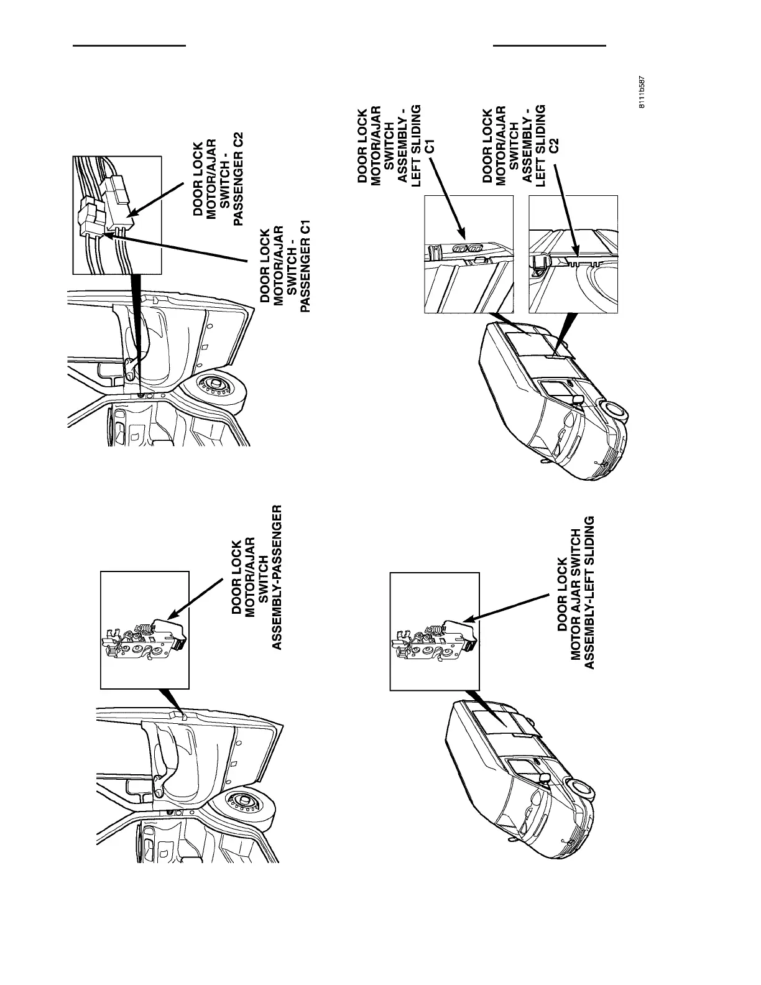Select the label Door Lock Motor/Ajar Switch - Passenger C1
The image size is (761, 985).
click(x=284, y=269)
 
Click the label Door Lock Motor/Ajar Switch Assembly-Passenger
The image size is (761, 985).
click(x=255, y=576)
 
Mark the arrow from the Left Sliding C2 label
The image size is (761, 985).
click(x=570, y=211)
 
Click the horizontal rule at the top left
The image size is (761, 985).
click(x=130, y=46)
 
